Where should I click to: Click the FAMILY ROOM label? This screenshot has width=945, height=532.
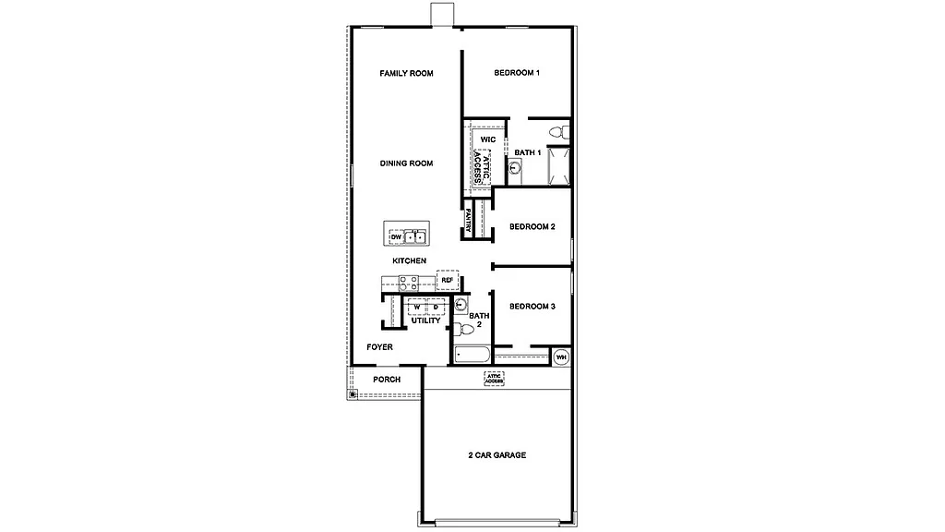click(x=406, y=74)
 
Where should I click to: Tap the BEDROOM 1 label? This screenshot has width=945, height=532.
click(x=516, y=74)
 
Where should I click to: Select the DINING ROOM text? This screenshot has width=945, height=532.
click(x=406, y=163)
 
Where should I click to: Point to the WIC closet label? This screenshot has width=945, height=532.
click(x=488, y=139)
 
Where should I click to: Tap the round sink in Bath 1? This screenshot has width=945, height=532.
click(x=515, y=168)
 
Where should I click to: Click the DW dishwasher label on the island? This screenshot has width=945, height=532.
click(x=396, y=237)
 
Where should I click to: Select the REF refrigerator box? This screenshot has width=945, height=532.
click(x=448, y=279)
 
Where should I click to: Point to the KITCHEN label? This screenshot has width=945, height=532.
click(x=409, y=261)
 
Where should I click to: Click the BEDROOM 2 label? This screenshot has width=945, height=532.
click(x=532, y=227)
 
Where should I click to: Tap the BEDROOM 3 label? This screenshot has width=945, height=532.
click(x=532, y=307)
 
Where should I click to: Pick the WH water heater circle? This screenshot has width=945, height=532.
click(x=561, y=357)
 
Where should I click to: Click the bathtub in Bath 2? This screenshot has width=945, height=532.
click(x=473, y=354)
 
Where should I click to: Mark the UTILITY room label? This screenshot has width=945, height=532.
click(x=425, y=320)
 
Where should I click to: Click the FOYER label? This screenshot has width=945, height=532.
click(x=379, y=347)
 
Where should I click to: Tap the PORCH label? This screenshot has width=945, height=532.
click(x=387, y=380)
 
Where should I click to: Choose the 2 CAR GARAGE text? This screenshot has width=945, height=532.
click(x=496, y=455)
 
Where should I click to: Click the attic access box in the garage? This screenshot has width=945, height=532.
click(x=495, y=379)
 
